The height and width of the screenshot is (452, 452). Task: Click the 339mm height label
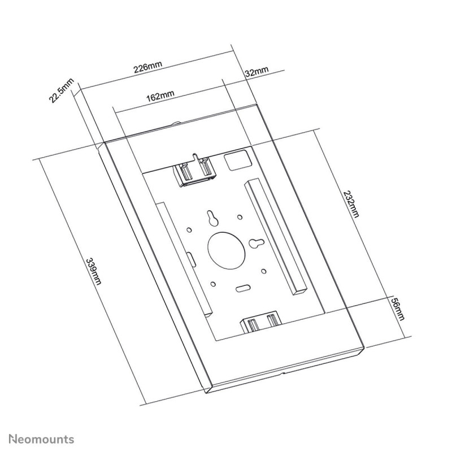click(x=92, y=271)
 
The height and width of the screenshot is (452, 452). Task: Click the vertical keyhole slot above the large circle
click(x=212, y=217)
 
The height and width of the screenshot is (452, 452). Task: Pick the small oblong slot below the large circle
click(x=244, y=288)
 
